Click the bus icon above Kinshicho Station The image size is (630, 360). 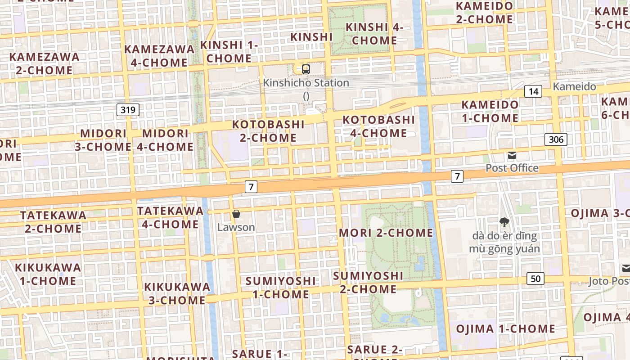tap(306, 69)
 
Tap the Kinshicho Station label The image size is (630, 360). tap(306, 83)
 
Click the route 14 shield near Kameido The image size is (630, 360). tap(533, 92)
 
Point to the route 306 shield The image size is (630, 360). tap(556, 139)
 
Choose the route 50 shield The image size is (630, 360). tap(535, 279)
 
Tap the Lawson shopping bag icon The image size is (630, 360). tap(236, 214)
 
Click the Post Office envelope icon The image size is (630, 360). tap(512, 156)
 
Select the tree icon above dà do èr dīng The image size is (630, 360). tap(504, 221)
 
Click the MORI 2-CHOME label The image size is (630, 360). tap(386, 233)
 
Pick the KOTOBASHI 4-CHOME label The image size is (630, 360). tap(378, 126)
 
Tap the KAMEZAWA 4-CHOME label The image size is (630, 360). tap(159, 56)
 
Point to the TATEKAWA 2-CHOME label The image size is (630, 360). tap(53, 222)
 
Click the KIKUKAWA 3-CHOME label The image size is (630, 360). tap(177, 293)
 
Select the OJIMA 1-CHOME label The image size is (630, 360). tap(505, 329)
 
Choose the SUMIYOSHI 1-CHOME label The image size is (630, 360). tap(280, 288)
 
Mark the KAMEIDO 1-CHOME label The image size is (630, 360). tap(490, 111)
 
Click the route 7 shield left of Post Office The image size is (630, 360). tap(457, 176)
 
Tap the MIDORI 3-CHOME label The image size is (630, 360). tap(103, 140)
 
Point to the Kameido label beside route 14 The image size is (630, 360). tap(574, 87)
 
